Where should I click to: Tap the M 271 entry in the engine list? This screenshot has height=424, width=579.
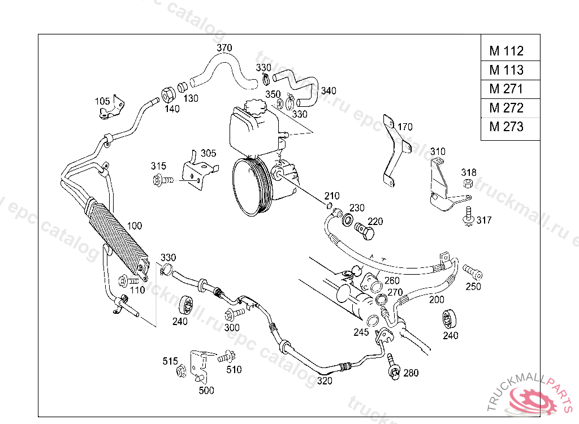(x=511, y=89)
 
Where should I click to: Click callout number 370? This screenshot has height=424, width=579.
(x=224, y=47)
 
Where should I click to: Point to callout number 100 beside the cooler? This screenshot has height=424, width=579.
(x=135, y=226)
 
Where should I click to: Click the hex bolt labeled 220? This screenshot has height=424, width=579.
(x=365, y=232)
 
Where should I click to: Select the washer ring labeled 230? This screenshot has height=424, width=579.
(x=347, y=220)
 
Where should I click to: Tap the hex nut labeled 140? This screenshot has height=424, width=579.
(x=168, y=95)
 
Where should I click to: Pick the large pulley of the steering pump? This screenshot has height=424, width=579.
(x=253, y=187)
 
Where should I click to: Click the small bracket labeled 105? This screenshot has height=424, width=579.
(x=113, y=107)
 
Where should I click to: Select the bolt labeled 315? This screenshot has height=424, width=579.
(x=162, y=180)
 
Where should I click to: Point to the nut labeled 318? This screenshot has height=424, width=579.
(x=468, y=183)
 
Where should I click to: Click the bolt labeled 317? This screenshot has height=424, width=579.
(x=468, y=217)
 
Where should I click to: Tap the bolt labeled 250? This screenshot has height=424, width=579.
(x=473, y=272)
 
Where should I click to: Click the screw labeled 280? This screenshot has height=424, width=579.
(x=394, y=367)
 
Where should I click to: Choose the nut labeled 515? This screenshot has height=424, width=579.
(x=182, y=371)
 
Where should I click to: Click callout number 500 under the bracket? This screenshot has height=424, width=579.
(x=206, y=391)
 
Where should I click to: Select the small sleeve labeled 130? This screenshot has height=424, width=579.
(x=183, y=88)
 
